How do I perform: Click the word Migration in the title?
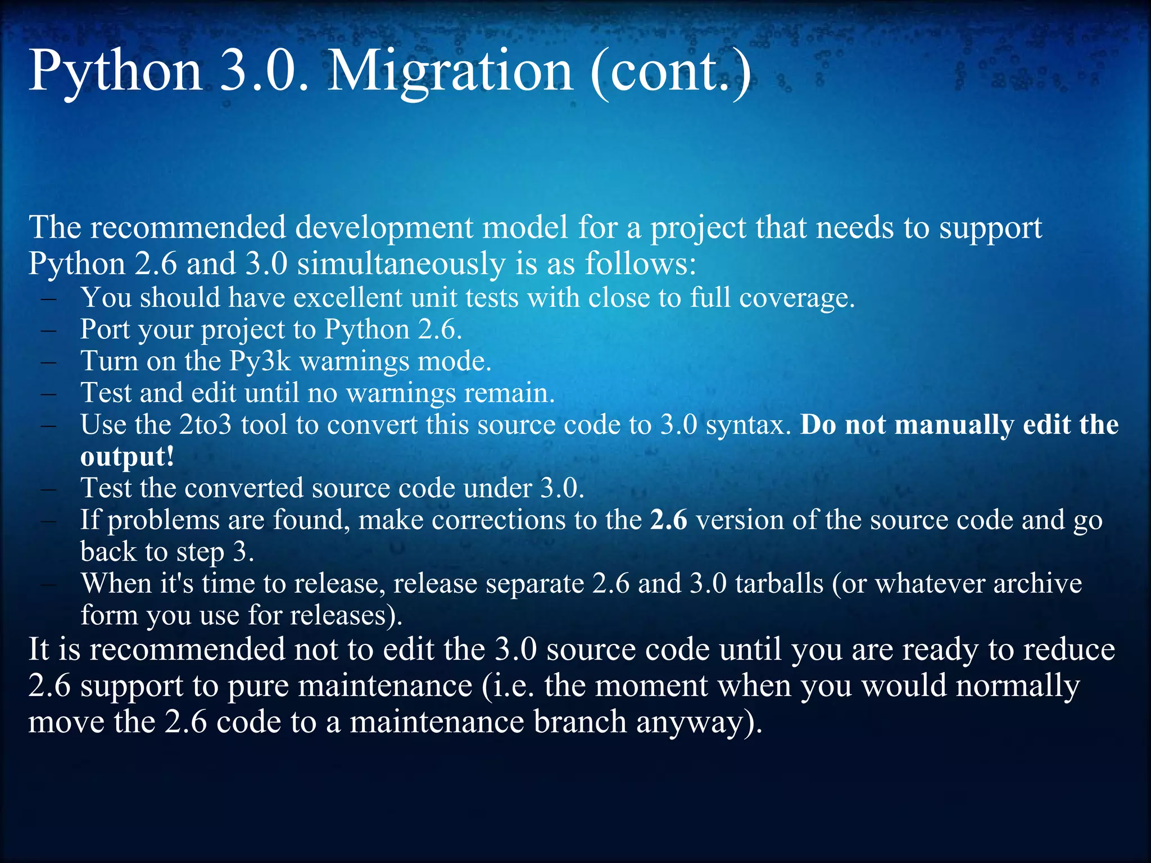450,71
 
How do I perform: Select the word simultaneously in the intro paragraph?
401,264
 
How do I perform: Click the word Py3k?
260,361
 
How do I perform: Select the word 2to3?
205,425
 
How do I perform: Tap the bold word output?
127,456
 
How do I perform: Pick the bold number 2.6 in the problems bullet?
669,520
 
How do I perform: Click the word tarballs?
779,584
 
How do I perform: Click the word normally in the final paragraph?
1017,686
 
